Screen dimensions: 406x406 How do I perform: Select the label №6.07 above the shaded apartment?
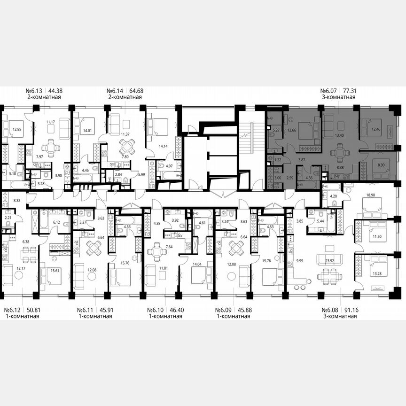pos(330,91)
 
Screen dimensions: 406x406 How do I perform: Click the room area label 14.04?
pos(196,264)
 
